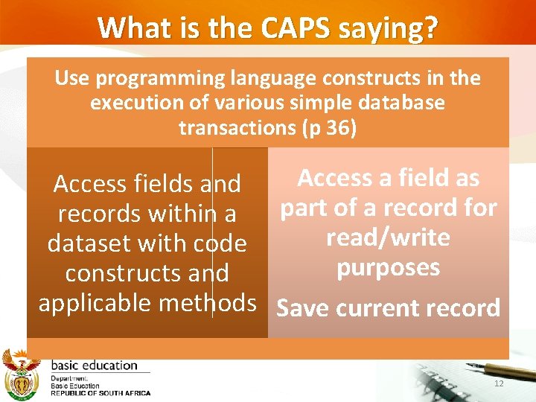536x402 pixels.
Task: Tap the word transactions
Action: (x=237, y=127)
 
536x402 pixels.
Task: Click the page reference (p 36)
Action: (x=329, y=127)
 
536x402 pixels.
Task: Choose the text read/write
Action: (x=388, y=238)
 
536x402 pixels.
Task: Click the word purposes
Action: (x=388, y=267)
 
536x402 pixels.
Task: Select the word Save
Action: (x=303, y=308)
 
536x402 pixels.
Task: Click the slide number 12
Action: (x=498, y=383)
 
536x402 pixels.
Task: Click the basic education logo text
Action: (x=94, y=366)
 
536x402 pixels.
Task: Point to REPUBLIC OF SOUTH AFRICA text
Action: (x=100, y=393)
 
